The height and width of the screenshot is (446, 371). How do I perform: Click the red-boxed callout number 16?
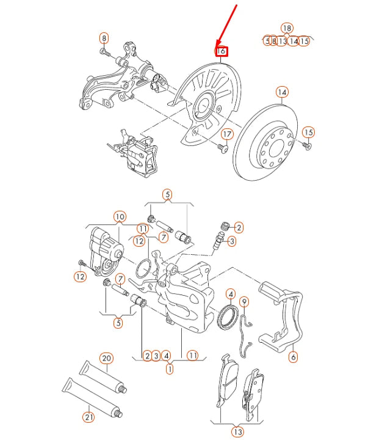pyautogui.click(x=222, y=52)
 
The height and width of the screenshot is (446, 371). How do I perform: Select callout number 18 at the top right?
pyautogui.click(x=287, y=28)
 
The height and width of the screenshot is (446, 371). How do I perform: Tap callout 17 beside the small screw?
pyautogui.click(x=227, y=134)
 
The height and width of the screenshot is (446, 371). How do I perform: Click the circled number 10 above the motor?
pyautogui.click(x=119, y=216)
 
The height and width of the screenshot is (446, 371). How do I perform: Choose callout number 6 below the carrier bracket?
pyautogui.click(x=292, y=356)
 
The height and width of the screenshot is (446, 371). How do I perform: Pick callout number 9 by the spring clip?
pyautogui.click(x=244, y=301)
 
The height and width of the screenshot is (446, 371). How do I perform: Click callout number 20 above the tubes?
pyautogui.click(x=106, y=358)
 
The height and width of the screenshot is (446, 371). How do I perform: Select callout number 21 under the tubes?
pyautogui.click(x=89, y=417)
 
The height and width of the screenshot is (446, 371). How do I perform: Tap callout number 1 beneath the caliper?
pyautogui.click(x=170, y=368)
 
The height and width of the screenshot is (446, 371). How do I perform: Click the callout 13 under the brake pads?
pyautogui.click(x=237, y=432)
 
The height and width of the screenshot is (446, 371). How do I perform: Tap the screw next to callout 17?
pyautogui.click(x=221, y=147)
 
